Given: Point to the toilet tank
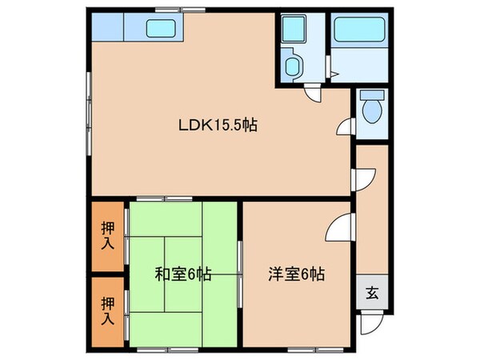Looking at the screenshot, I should point(373,96).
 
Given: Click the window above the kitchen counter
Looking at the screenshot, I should point(180,9).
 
